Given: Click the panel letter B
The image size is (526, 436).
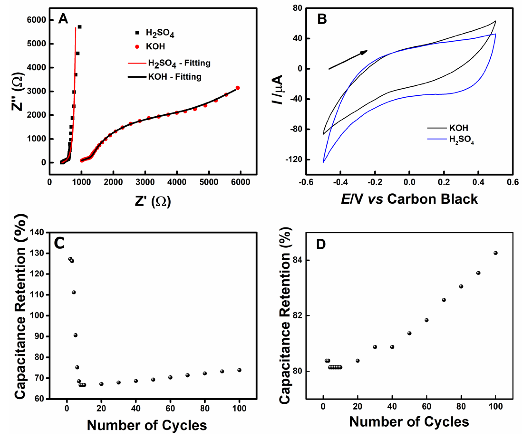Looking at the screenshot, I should click(322, 19).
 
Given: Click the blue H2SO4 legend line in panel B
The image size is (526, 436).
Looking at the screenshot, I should click(437, 139).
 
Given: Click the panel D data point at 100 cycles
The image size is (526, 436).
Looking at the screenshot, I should click(496, 253).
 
